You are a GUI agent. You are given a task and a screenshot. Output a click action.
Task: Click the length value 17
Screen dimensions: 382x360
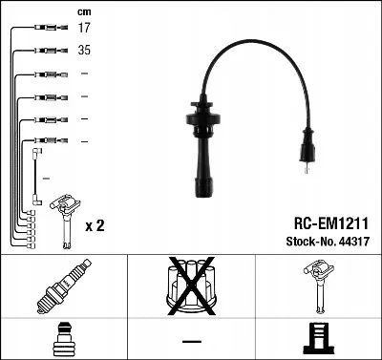click(84, 28)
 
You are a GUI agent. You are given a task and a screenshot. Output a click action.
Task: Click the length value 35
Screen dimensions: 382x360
click(84, 50)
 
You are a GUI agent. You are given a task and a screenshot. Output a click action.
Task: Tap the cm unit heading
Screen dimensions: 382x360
click(84, 12)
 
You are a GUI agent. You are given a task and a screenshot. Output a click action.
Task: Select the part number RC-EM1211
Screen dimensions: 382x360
click(331, 223)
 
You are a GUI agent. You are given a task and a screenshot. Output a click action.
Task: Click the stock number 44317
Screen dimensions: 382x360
click(354, 242)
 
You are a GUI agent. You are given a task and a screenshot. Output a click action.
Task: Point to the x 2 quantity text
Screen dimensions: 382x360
click(95, 225)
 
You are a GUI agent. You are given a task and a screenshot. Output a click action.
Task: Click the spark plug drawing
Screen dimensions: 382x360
click(64, 286)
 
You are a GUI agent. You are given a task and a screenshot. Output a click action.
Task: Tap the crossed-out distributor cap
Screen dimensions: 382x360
click(192, 286)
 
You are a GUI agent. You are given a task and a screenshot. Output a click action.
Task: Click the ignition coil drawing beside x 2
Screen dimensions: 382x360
click(66, 221)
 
